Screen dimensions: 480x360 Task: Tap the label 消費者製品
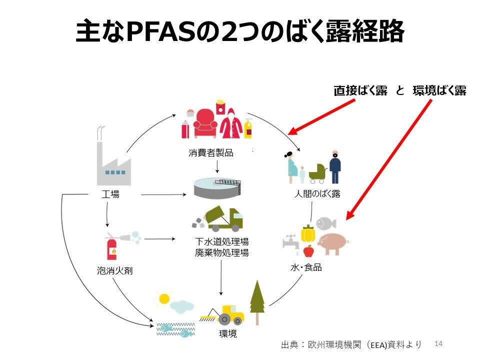[211, 152]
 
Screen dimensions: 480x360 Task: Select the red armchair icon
[205, 123]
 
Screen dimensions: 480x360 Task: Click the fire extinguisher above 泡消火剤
[112, 246]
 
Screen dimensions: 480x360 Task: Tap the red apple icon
[308, 251]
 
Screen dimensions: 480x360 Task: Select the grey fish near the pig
[325, 223]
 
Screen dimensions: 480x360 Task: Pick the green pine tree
[257, 302]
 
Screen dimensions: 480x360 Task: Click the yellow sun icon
[164, 298]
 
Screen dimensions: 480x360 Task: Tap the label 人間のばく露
[317, 194]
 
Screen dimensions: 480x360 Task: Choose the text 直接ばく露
[360, 90]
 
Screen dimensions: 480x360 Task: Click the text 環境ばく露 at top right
[439, 90]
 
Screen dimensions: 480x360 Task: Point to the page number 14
[438, 343]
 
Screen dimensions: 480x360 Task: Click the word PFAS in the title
[161, 31]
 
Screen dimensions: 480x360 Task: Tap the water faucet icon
[291, 242]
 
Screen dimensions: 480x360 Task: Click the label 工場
[110, 194]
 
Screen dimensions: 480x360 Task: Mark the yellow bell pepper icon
[308, 234]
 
